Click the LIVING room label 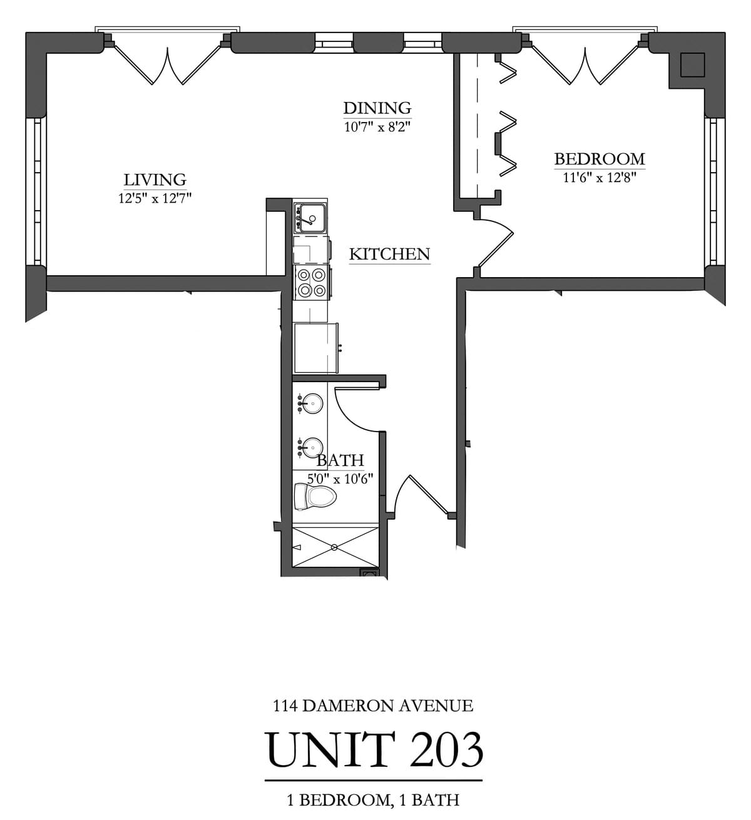[155, 180]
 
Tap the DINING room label [377, 108]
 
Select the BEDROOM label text [599, 159]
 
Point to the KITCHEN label [389, 254]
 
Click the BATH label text [340, 461]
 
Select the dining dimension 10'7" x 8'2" [377, 126]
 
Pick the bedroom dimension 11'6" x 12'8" [599, 178]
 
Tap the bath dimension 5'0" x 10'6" [340, 479]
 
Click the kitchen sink [310, 218]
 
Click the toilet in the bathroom [315, 497]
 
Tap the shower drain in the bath [334, 548]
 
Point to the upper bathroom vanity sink [312, 403]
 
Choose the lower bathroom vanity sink [312, 447]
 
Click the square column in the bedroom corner [692, 64]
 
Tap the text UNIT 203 [374, 749]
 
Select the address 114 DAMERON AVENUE [373, 706]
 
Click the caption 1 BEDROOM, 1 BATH [373, 799]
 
